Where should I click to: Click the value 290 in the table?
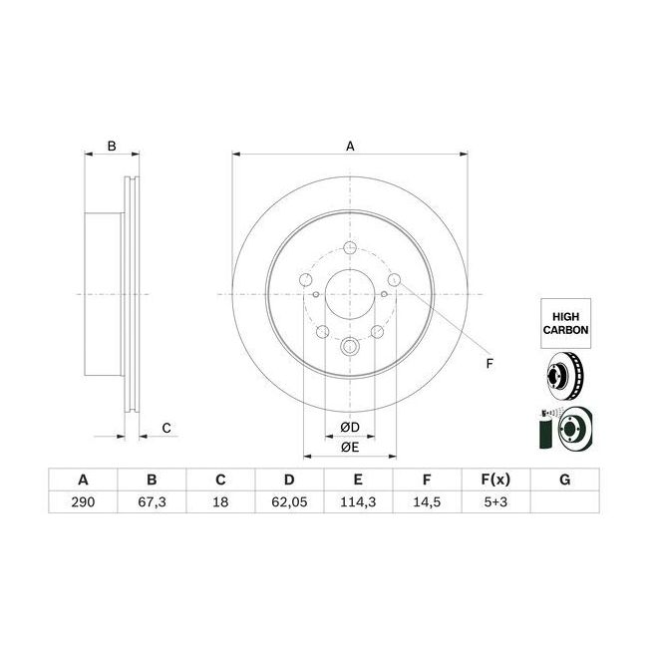pyautogui.click(x=83, y=502)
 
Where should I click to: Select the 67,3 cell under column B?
pyautogui.click(x=152, y=502)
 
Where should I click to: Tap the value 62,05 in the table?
pyautogui.click(x=289, y=502)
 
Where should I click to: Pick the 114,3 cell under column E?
pyautogui.click(x=358, y=502)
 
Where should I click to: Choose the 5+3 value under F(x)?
pyautogui.click(x=495, y=502)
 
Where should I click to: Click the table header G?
pyautogui.click(x=564, y=480)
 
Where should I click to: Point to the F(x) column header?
pyautogui.click(x=495, y=480)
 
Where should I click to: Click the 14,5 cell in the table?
pyautogui.click(x=427, y=502)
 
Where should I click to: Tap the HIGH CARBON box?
pyautogui.click(x=566, y=323)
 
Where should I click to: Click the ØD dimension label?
pyautogui.click(x=350, y=428)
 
